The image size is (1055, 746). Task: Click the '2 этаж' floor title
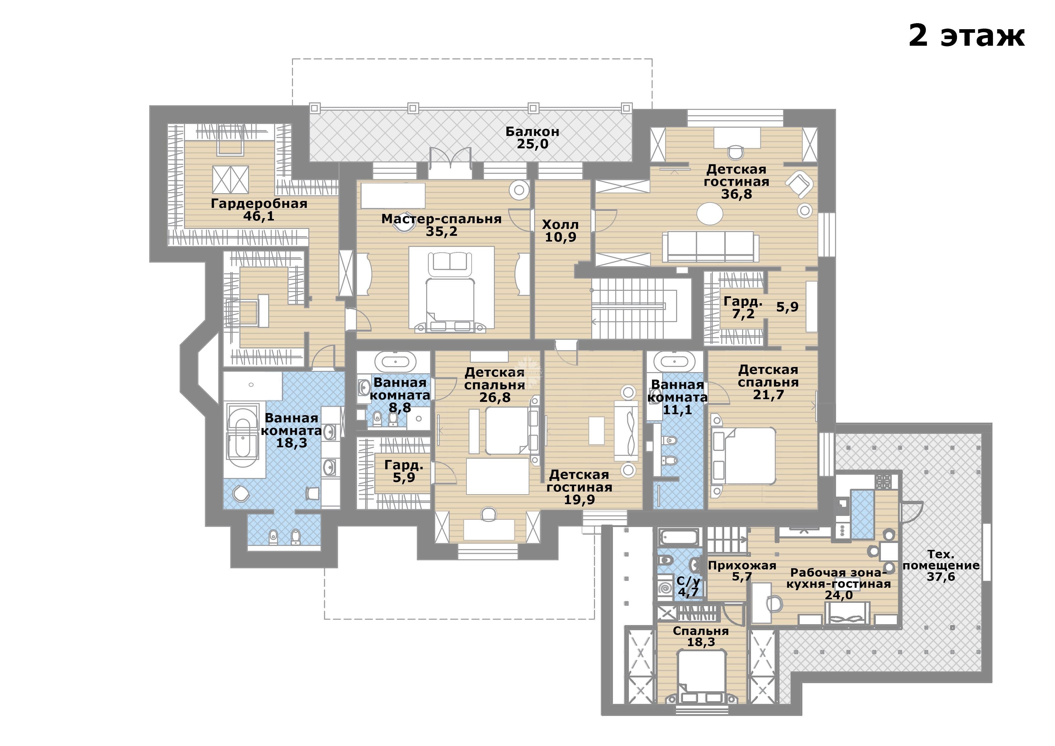point(966,35)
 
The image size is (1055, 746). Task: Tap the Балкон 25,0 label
point(533,137)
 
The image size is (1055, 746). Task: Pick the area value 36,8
point(737,194)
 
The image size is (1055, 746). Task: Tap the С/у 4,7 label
point(688,587)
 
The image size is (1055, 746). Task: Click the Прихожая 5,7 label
point(742,571)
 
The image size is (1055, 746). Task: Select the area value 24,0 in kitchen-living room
point(838,595)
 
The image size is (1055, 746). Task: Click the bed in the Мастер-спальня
point(451,291)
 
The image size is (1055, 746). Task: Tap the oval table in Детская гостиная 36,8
point(710,214)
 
